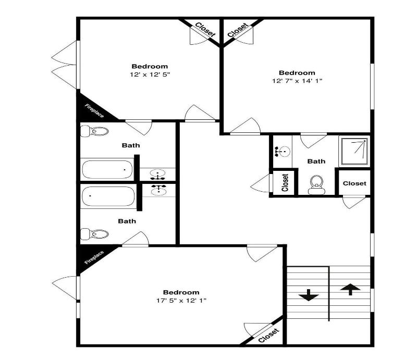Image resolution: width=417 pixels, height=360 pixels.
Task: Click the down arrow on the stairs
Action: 309,295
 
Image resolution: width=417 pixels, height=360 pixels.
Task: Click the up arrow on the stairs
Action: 350,289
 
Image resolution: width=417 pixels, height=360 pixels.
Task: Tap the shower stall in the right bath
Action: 354,151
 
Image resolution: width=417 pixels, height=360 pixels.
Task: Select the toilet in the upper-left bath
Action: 95,131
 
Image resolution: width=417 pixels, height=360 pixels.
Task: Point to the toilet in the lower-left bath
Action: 95,234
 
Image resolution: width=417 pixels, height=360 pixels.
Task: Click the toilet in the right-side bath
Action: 316,185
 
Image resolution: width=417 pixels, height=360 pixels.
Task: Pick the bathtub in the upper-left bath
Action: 107,170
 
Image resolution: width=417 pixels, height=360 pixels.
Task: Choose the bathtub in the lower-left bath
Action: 108,196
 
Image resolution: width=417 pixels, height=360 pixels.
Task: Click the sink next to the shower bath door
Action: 283,151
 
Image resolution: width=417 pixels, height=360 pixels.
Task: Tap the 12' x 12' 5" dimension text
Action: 150,75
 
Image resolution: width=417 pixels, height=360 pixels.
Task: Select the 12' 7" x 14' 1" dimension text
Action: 297,81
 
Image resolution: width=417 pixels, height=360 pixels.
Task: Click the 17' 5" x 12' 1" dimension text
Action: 181,301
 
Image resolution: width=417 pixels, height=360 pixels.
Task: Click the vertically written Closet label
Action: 285,183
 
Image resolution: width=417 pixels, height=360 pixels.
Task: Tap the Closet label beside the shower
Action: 354,183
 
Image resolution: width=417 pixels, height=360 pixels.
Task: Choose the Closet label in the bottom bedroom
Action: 269,336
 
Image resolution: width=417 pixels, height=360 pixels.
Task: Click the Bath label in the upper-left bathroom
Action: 131,145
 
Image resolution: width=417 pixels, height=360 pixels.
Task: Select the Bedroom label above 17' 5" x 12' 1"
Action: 181,292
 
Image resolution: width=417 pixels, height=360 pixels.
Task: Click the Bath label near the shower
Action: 316,161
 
